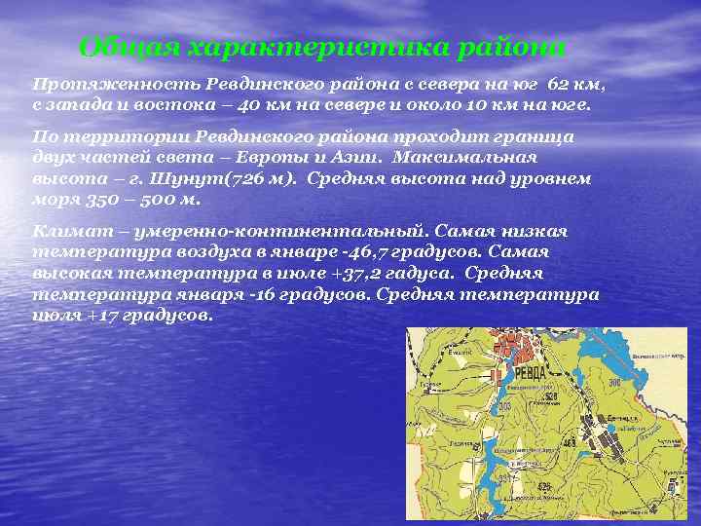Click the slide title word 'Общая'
tap(129, 47)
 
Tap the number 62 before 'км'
tap(560, 85)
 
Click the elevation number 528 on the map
tap(550, 396)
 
